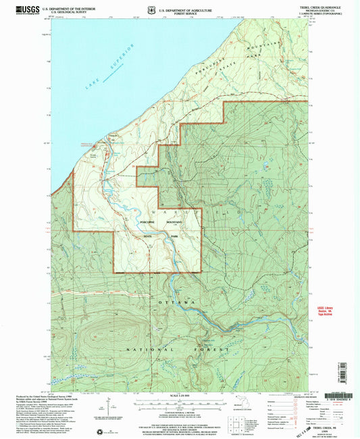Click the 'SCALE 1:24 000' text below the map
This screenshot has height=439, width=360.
coord(180,396)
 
